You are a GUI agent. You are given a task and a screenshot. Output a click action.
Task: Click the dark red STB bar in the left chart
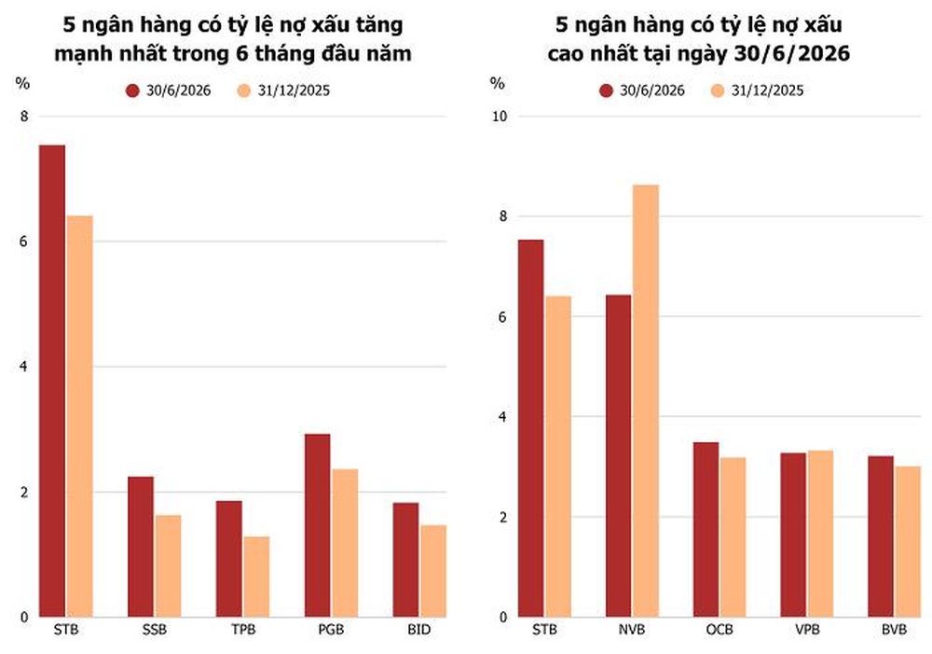[x=52, y=381]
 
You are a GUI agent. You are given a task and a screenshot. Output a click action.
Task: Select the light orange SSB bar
[x=168, y=566]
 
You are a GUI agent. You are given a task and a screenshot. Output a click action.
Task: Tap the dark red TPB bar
[x=229, y=559]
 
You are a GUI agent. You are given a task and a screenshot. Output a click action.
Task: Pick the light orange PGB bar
[x=345, y=543]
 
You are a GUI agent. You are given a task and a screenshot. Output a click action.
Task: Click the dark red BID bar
[x=405, y=560]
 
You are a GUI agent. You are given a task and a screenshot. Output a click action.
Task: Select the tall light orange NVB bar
[x=646, y=401]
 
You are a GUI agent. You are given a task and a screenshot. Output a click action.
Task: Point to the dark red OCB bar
[x=706, y=530]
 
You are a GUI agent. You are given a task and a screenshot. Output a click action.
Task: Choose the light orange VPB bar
[x=820, y=534]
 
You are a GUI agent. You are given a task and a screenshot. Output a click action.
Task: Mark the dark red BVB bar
[x=881, y=536]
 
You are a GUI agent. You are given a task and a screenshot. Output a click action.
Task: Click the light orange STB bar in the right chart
[x=558, y=456]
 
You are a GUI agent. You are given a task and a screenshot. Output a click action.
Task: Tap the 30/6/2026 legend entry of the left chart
[x=168, y=90]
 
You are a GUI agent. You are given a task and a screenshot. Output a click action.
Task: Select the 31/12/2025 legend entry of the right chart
[x=757, y=90]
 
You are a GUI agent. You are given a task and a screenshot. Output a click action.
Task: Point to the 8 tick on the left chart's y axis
[x=24, y=117]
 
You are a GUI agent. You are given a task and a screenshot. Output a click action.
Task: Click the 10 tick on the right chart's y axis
[x=500, y=117]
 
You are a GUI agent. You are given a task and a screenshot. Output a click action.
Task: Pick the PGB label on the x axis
[x=331, y=630]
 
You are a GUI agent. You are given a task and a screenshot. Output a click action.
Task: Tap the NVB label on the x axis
[x=631, y=630]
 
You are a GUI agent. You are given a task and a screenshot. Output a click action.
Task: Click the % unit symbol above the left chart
[x=22, y=83]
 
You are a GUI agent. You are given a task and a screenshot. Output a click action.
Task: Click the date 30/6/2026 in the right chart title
[x=791, y=53]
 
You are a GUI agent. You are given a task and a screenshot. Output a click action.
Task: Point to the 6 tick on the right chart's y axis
[x=503, y=316]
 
